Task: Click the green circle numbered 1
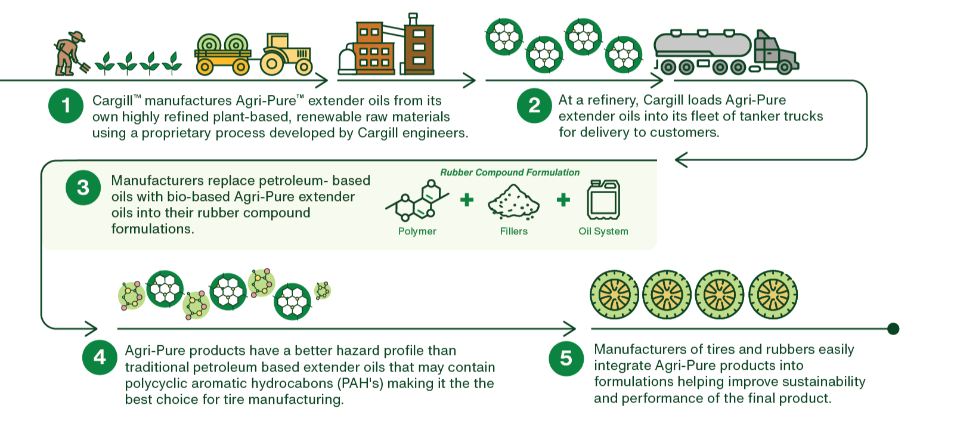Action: click(66, 106)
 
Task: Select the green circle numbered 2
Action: click(534, 106)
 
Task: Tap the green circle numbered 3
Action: click(83, 188)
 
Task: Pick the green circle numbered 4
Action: click(100, 357)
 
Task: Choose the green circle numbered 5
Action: click(566, 358)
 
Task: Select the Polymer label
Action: click(417, 231)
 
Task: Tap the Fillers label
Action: click(513, 231)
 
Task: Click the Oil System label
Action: click(603, 231)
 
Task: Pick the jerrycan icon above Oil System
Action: click(603, 200)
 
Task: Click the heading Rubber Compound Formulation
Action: click(509, 172)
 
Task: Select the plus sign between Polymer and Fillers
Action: click(467, 200)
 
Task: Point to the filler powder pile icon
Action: click(513, 202)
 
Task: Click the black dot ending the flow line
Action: click(893, 329)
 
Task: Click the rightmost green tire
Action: click(773, 295)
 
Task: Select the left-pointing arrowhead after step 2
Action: click(680, 160)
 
